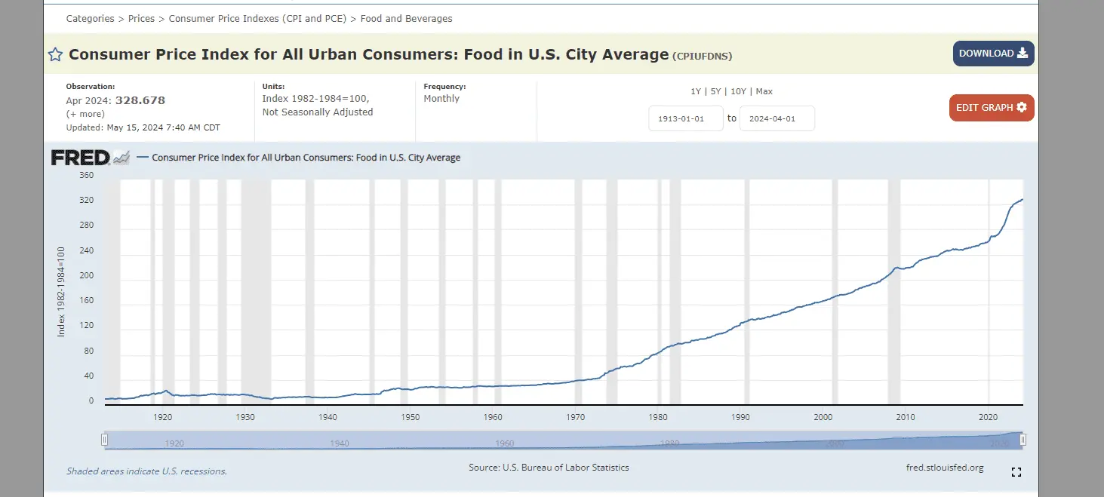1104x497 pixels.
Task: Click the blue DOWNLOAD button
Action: pos(993,54)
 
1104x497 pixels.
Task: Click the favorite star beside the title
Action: pos(55,54)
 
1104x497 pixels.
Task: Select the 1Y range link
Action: pos(696,91)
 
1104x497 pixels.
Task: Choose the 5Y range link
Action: pos(716,91)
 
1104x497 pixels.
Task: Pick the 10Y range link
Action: pos(739,91)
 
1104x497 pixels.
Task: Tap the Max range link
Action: pos(764,91)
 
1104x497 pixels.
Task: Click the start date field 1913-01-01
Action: pos(686,118)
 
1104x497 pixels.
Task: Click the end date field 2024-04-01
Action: pos(776,118)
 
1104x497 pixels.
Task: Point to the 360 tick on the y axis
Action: pos(86,176)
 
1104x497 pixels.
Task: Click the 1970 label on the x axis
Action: pos(575,417)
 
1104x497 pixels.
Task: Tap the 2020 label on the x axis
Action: pos(988,417)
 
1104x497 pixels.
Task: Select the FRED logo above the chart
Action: pos(80,158)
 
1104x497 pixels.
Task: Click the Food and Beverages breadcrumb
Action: pos(406,18)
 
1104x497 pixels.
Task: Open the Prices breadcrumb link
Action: pos(141,18)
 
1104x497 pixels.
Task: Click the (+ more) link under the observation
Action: pos(85,114)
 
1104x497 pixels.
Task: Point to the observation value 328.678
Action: pos(140,100)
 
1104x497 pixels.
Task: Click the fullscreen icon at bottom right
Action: pos(1016,472)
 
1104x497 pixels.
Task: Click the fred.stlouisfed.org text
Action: pos(945,468)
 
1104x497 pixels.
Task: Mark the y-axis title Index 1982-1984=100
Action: pos(62,291)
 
